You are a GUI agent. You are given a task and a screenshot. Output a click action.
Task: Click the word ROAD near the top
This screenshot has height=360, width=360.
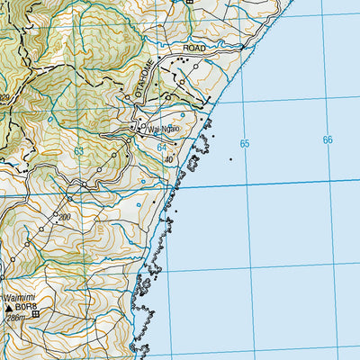tap(193, 46)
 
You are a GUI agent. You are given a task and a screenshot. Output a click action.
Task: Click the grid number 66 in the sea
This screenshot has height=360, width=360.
tap(328, 139)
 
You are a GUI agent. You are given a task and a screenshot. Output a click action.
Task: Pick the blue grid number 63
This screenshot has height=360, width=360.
tap(79, 150)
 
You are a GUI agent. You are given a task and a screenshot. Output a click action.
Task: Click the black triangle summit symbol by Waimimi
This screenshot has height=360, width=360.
tap(9, 307)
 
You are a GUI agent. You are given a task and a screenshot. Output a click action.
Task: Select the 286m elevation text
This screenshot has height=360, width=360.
tap(15, 318)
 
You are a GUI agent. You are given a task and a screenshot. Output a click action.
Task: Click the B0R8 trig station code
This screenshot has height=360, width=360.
tap(22, 307)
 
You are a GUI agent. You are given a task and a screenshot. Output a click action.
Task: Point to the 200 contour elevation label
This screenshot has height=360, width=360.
tap(63, 218)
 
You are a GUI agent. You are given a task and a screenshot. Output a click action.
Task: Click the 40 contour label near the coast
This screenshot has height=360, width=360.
tap(167, 159)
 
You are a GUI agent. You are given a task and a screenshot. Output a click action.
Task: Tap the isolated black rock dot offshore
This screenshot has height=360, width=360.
tap(230, 160)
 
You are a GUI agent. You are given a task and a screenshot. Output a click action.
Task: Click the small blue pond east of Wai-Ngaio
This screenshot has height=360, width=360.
tap(184, 115)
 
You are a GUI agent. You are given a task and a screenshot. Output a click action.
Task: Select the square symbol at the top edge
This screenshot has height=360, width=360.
tap(189, 3)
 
